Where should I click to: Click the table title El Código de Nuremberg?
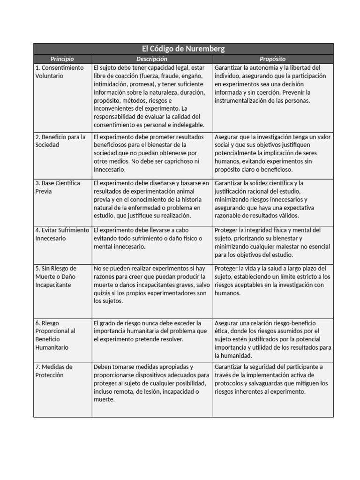click(183, 49)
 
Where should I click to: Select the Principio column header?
click(62, 59)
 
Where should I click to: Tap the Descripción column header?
click(151, 59)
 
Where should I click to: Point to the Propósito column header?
click(273, 59)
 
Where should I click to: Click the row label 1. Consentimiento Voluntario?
click(60, 72)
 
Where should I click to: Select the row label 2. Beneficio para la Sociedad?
click(60, 141)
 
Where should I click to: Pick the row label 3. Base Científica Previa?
click(58, 187)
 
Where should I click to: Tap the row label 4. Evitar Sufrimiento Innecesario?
click(62, 234)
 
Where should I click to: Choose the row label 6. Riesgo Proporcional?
click(55, 335)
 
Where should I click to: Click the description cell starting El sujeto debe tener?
click(152, 97)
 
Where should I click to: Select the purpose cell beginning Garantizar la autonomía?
click(273, 84)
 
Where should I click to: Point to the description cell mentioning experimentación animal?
click(152, 199)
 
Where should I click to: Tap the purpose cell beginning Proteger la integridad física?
click(273, 242)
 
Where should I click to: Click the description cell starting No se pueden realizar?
click(152, 285)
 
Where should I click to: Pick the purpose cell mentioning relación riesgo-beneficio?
click(273, 339)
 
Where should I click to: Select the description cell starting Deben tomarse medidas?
click(152, 383)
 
